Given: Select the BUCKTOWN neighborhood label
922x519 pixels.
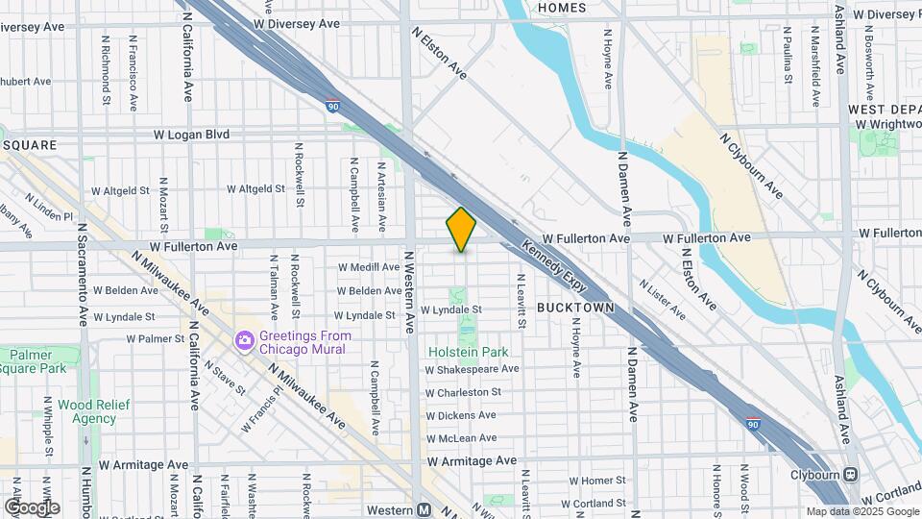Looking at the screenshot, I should (x=570, y=308).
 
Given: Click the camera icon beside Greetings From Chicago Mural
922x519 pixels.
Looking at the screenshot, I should (x=245, y=340).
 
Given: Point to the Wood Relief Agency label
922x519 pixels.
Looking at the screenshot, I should (x=87, y=411).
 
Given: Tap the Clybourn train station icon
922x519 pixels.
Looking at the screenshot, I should (x=851, y=475).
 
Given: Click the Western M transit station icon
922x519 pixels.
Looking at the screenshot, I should (x=424, y=509).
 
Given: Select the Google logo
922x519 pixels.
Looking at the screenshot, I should (x=31, y=507).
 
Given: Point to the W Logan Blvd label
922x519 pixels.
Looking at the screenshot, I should (x=190, y=135).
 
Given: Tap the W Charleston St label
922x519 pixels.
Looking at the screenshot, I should (x=463, y=392).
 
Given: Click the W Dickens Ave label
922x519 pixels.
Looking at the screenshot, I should (x=461, y=415).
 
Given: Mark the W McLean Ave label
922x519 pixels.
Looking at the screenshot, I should (x=462, y=437).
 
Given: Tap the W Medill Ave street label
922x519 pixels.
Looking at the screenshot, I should (x=369, y=267).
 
